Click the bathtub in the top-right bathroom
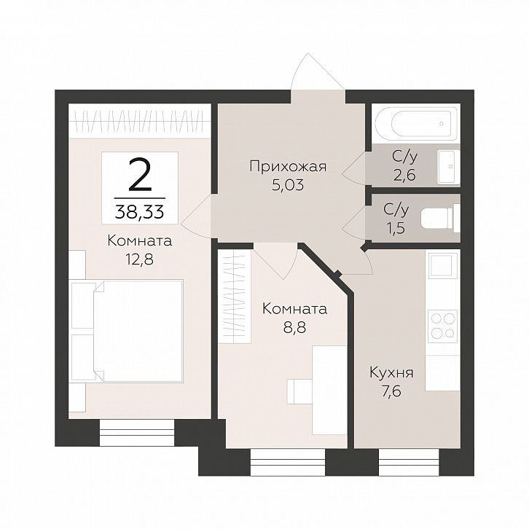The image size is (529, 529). coord(416,124)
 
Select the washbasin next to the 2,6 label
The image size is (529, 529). coord(448,167)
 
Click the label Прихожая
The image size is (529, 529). coord(288,167)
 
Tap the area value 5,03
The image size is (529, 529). coord(288,185)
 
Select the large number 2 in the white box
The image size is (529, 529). coord(140,177)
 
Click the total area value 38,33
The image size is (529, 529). coord(140,213)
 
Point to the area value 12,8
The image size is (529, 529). coord(140,260)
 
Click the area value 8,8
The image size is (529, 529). coord(294,328)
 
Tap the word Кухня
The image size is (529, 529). coord(392,373)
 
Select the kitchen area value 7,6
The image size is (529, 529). coord(392,392)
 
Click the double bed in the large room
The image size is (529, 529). coord(128,331)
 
